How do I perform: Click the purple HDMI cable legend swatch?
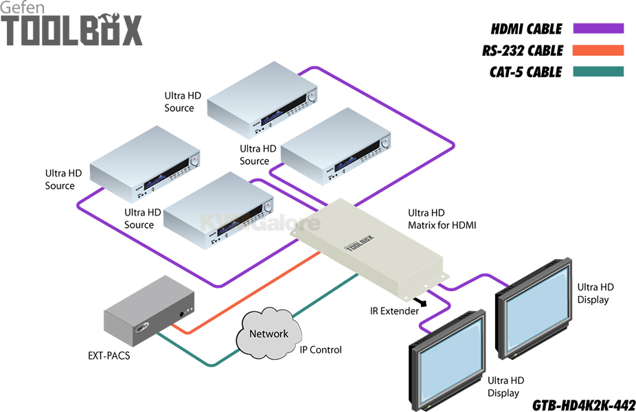coord(598,29)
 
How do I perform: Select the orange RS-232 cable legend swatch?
coord(598,50)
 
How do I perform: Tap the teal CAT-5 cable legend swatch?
coord(598,71)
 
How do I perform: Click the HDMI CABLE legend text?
coord(526,29)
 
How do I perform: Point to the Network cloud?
coord(269,334)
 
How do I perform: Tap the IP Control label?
coord(321,350)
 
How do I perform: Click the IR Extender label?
coord(394,311)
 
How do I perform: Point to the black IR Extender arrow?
coord(420,302)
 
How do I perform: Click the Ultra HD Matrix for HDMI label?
coord(442,218)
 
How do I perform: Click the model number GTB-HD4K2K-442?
coord(584,404)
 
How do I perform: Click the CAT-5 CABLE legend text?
coord(525,71)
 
